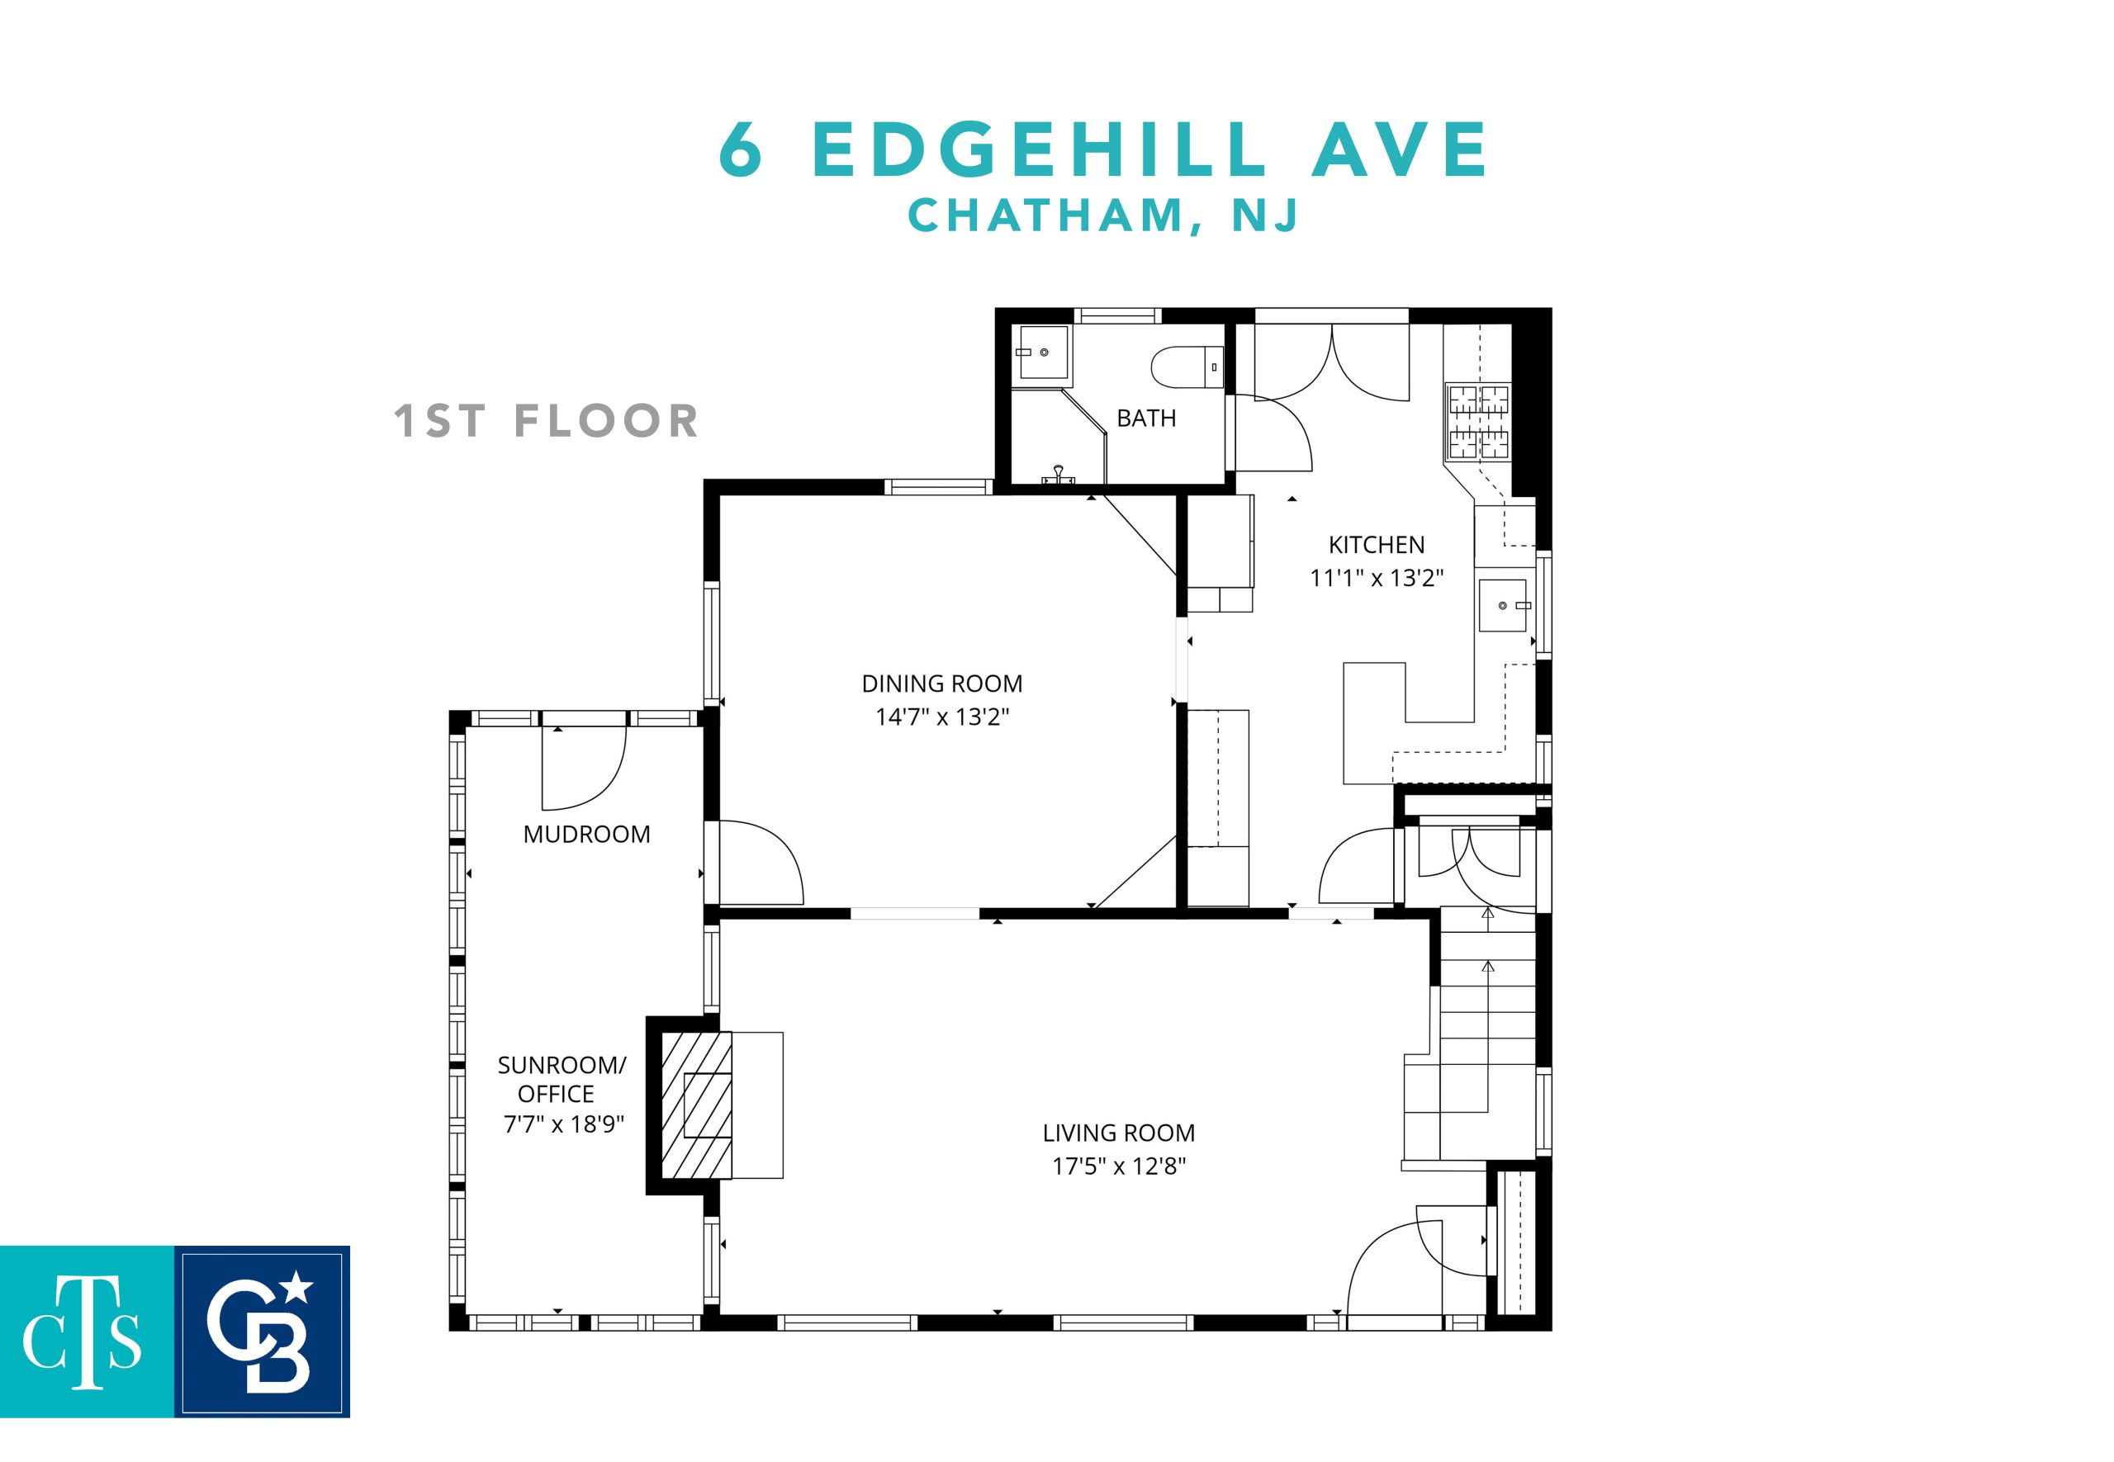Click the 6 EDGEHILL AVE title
tap(1103, 149)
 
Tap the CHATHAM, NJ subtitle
tap(1103, 215)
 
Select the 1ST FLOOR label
tap(546, 421)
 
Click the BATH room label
tap(1145, 419)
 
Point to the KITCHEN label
tap(1377, 545)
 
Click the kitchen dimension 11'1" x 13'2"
tap(1377, 578)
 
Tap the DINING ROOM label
tap(942, 684)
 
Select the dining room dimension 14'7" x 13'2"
tap(942, 717)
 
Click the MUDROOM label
tap(586, 835)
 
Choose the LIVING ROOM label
tap(1118, 1133)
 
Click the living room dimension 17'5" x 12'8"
tap(1118, 1166)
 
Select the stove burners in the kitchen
tap(1477, 421)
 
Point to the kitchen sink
tap(1504, 605)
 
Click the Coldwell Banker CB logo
tap(262, 1332)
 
